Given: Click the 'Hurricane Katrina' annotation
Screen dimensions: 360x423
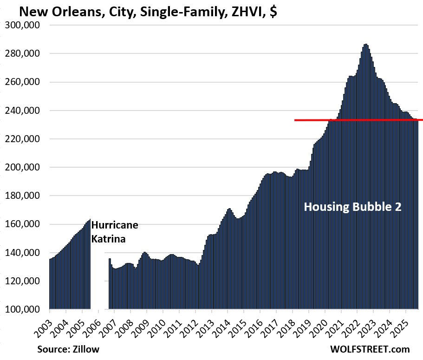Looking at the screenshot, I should click(x=115, y=232).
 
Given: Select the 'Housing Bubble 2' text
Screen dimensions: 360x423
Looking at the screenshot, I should click(x=352, y=207).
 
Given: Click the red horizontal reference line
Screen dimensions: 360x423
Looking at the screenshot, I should click(x=358, y=120).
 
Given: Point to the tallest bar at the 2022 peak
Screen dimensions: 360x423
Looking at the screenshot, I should click(x=366, y=177).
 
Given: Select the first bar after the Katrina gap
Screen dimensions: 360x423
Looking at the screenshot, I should click(x=110, y=284).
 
